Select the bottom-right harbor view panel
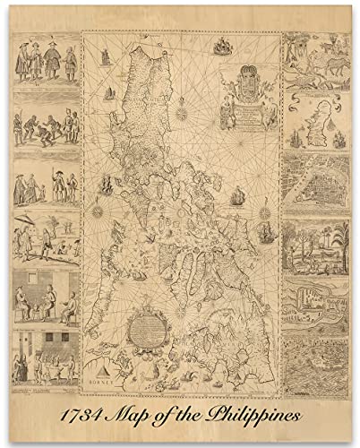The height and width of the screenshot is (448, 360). (314, 367)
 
